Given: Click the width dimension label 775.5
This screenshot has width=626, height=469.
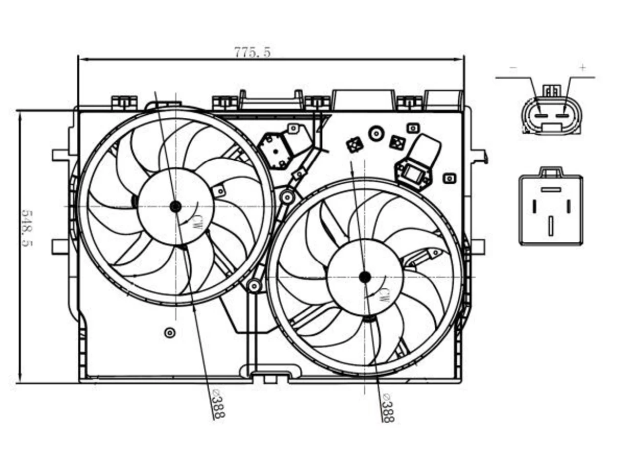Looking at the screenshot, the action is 252,52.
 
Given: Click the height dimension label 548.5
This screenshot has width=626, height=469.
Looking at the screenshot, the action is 27,229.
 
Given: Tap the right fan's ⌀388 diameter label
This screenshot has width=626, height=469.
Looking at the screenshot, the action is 388,407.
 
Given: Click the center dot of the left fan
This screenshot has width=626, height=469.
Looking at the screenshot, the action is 175,207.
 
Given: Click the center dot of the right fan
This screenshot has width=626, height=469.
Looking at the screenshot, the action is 365,277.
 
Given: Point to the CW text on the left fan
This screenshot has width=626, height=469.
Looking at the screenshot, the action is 197,223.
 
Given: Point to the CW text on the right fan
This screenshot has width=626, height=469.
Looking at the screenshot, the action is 384,295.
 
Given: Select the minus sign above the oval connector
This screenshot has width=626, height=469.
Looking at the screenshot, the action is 514,68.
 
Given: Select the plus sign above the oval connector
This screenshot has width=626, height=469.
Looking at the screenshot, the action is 583,68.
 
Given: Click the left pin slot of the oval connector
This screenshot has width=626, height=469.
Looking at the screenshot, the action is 540,116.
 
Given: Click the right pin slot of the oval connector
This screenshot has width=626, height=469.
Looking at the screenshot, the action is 562,116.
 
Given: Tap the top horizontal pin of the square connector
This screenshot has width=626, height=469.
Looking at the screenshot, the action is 551,190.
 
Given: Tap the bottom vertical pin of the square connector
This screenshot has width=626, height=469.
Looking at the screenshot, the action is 551,226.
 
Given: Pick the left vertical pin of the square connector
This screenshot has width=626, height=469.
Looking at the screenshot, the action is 535,207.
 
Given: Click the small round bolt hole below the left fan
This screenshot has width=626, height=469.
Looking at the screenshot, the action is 170,332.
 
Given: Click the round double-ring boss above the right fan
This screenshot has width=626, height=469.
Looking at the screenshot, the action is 376,133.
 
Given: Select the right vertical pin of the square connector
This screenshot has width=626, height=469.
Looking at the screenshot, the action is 568,207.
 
